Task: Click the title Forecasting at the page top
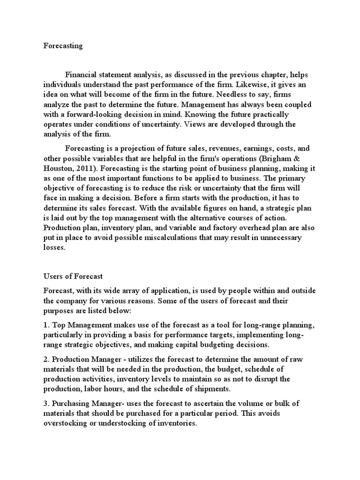pos(63,46)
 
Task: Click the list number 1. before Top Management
pos(46,325)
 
